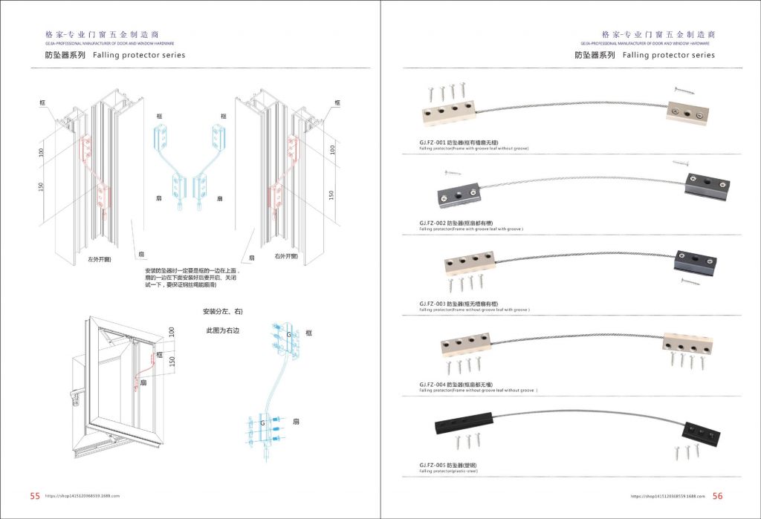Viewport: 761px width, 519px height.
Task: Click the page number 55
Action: coord(35,496)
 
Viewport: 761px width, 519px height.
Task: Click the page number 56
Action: coord(717,496)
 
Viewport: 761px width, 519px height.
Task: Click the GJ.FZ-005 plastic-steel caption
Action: coord(453,465)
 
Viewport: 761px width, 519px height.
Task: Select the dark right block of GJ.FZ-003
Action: coord(696,261)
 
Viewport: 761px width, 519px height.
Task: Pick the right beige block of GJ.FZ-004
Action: coord(686,345)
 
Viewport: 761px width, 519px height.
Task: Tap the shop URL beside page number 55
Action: coord(82,496)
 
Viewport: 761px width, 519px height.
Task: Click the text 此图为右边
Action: coord(224,330)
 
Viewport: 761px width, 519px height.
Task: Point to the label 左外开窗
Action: coord(100,259)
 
